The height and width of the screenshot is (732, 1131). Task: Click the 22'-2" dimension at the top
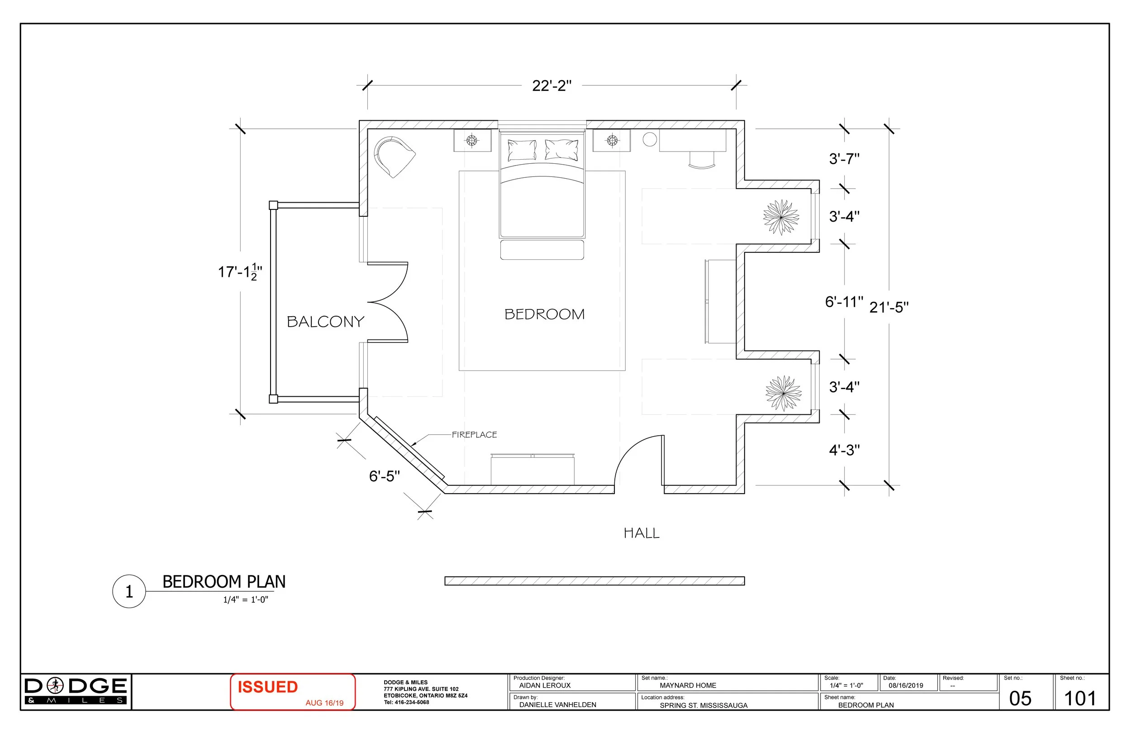pos(551,86)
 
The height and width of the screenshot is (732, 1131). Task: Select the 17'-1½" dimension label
pos(240,272)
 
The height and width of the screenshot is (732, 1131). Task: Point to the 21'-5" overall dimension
pos(889,308)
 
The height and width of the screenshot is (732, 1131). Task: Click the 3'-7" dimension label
pos(844,159)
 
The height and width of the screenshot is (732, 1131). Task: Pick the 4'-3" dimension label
pos(844,450)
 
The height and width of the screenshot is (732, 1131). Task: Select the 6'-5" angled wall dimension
pos(385,476)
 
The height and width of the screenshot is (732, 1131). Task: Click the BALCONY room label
pos(326,322)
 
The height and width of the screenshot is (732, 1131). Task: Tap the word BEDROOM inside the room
pos(544,314)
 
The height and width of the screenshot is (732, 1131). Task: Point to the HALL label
pos(641,533)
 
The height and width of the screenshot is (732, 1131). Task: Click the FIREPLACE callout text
pos(474,435)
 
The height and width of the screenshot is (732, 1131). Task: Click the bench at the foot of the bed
pos(542,250)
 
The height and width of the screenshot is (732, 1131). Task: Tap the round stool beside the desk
pos(650,139)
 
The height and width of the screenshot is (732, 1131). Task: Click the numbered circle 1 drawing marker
pos(129,592)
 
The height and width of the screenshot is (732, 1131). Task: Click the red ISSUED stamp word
pos(267,687)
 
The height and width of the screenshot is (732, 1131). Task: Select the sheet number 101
pos(1080,699)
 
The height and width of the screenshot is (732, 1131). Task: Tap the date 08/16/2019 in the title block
pos(906,686)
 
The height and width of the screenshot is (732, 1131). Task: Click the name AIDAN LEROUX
pos(545,686)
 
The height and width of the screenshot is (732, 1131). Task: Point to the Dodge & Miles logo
pos(76,691)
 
